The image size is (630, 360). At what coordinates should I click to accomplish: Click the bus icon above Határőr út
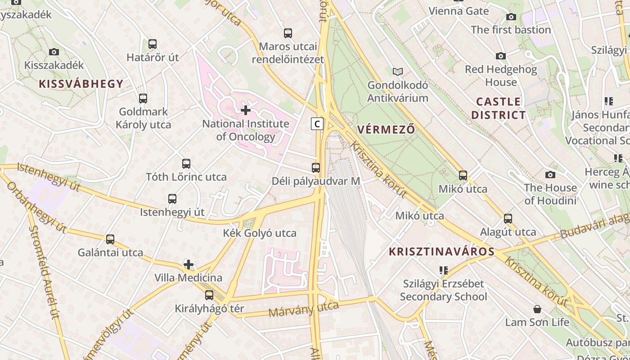[153, 44]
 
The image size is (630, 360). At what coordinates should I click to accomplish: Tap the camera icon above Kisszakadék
[54, 52]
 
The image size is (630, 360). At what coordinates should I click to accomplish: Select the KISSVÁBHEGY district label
[81, 84]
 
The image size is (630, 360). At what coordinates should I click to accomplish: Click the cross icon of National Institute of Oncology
[246, 110]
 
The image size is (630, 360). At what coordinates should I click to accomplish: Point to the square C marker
[317, 123]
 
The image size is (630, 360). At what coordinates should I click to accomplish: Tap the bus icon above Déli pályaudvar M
[316, 168]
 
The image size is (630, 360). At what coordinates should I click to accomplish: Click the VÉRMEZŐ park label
[386, 130]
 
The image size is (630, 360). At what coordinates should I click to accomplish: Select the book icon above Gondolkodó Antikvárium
[398, 72]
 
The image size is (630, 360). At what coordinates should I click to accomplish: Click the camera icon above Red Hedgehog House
[501, 56]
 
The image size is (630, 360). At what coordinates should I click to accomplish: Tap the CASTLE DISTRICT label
[498, 108]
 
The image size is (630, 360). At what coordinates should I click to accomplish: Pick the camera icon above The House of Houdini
[550, 175]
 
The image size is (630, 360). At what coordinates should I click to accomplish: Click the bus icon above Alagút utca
[508, 219]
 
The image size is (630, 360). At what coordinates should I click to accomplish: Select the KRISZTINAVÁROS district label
[442, 252]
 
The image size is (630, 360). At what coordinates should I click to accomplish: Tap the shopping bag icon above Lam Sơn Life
[537, 309]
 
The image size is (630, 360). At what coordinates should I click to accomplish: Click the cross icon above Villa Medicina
[189, 265]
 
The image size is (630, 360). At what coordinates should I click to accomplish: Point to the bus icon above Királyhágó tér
[209, 295]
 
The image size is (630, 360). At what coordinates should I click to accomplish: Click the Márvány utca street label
[303, 309]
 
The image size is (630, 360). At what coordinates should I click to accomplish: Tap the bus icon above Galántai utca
[110, 239]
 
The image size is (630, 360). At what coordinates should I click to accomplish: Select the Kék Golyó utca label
[260, 233]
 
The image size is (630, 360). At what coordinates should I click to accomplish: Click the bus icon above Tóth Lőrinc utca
[186, 164]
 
